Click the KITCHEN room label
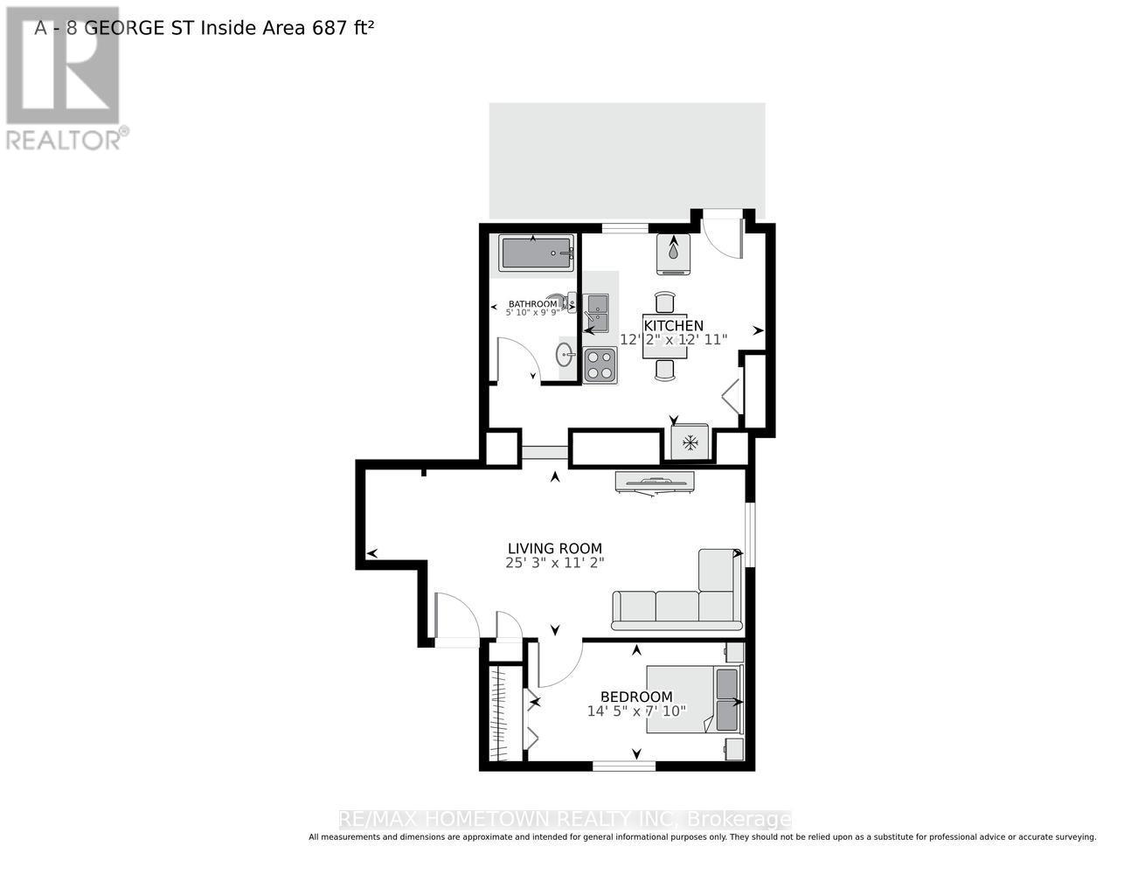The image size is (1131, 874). tap(674, 326)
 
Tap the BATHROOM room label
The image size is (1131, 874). tap(532, 304)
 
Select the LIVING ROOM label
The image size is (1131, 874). tap(555, 548)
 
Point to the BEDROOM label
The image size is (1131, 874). tap(636, 697)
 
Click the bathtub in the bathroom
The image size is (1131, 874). tap(536, 253)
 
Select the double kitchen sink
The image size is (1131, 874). tap(598, 313)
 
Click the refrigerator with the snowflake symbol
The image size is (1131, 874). tap(690, 442)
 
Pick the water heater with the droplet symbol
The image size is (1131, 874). tap(674, 254)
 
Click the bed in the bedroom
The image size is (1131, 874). tap(695, 700)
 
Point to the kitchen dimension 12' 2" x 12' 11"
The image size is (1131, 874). tap(674, 340)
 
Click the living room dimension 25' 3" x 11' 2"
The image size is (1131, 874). tap(555, 563)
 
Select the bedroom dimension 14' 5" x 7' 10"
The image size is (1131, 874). tap(636, 711)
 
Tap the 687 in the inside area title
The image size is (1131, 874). tap(330, 28)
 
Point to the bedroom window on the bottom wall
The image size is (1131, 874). tap(623, 766)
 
